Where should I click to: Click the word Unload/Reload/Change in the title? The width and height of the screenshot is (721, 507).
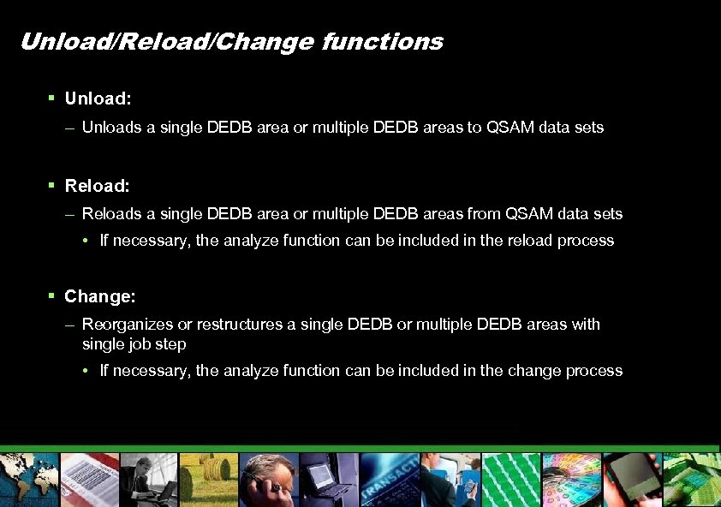tap(167, 41)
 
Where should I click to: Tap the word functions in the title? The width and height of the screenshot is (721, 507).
tap(383, 41)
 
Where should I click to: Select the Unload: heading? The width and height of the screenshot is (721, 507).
tap(98, 98)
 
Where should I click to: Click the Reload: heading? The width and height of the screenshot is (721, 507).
tap(97, 185)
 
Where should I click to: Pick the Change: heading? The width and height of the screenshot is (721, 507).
tap(99, 296)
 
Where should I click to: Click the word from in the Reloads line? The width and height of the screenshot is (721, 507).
tap(485, 213)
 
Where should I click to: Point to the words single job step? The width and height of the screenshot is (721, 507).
tap(134, 343)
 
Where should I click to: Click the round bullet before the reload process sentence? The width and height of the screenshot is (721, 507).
tap(88, 241)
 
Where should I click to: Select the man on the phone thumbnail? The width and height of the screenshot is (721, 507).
tap(269, 480)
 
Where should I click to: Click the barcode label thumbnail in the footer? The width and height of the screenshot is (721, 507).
tap(89, 480)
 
